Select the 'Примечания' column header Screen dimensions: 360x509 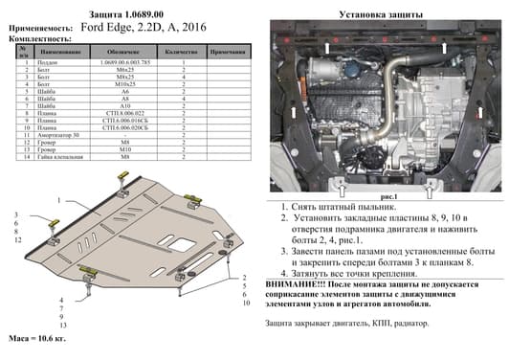(x=227, y=46)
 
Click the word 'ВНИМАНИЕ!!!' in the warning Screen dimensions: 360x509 (x=296, y=284)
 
